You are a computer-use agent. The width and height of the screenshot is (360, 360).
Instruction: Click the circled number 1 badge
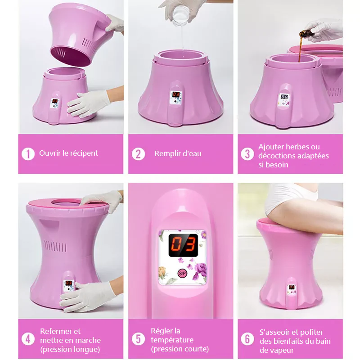[x=28, y=154]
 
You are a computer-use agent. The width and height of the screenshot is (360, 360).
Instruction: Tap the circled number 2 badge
[x=138, y=154]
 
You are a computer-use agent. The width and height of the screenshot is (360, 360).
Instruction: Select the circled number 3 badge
[x=247, y=154]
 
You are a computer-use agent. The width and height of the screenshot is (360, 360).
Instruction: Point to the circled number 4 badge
[x=28, y=339]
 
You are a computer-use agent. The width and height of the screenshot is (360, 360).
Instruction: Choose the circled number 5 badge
[x=138, y=339]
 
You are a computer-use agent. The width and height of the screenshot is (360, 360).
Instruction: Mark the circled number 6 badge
[x=247, y=339]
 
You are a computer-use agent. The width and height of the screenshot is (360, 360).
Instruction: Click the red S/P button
[x=183, y=273]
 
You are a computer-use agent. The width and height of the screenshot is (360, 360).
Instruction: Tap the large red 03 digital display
[x=183, y=245]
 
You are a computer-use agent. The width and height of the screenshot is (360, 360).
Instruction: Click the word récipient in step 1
[x=84, y=153]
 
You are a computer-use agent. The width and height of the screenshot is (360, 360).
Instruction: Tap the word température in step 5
[x=172, y=340]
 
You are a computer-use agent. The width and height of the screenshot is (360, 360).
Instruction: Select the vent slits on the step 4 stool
[x=55, y=246]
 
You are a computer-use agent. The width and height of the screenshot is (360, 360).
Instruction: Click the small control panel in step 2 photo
[x=176, y=97]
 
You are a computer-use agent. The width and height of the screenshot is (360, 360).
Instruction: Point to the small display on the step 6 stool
[x=292, y=287]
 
